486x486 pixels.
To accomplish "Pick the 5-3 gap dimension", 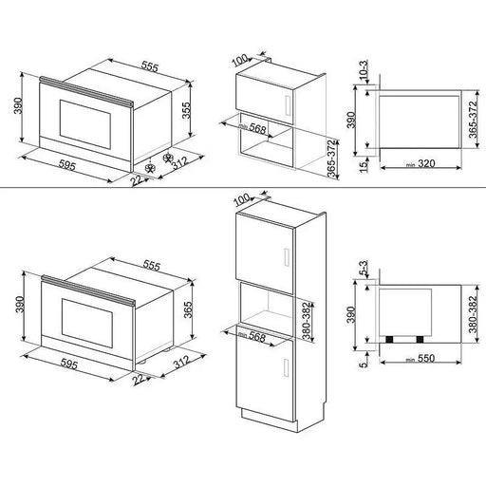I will tap(351, 271).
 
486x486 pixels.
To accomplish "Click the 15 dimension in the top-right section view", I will tap(350, 168).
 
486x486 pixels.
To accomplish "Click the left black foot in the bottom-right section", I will tap(388, 338).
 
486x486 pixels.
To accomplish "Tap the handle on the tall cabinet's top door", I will tap(284, 253).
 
